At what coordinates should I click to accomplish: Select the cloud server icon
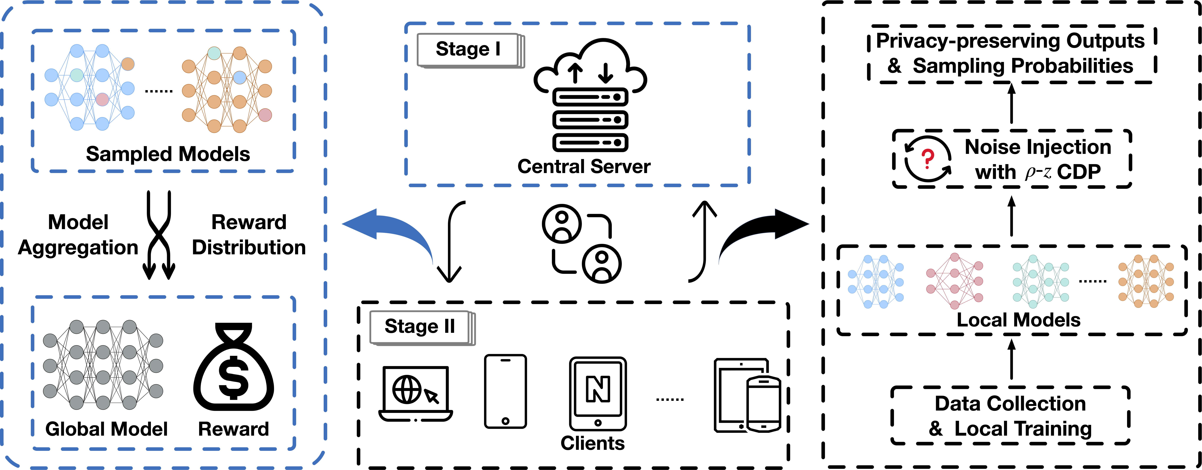590,95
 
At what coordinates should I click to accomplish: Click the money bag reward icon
233,367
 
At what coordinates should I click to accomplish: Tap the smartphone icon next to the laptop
505,391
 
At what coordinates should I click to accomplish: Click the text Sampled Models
168,154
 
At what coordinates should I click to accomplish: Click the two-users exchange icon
581,244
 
